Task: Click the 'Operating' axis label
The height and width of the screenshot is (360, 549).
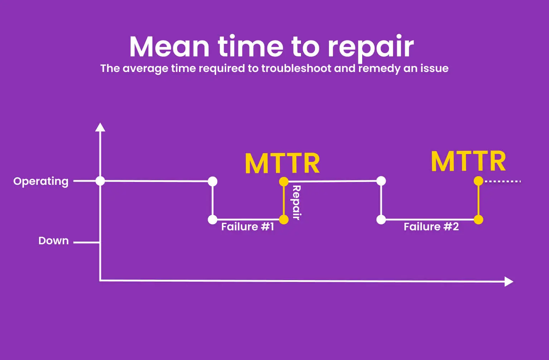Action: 41,181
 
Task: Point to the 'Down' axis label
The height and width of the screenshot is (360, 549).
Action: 53,241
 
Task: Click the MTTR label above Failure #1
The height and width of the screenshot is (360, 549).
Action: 282,163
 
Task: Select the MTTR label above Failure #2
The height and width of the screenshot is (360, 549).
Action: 468,161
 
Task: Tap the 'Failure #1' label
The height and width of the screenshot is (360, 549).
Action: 248,227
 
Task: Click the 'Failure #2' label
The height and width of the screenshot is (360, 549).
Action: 431,227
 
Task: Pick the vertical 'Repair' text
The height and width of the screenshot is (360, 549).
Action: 296,202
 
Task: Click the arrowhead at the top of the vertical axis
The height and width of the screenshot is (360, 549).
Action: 100,127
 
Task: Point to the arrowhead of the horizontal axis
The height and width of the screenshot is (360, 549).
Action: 509,282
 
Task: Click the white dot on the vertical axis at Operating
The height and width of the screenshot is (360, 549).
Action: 100,181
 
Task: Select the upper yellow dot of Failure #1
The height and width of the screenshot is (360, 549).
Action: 284,182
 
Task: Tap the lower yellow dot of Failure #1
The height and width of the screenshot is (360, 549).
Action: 284,220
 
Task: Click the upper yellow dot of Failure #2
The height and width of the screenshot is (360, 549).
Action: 478,181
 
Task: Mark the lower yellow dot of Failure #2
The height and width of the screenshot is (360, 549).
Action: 478,220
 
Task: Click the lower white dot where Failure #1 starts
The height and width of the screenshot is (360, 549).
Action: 213,220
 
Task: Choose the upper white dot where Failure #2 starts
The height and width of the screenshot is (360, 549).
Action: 381,181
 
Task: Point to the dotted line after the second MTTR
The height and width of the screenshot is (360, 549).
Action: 503,182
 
